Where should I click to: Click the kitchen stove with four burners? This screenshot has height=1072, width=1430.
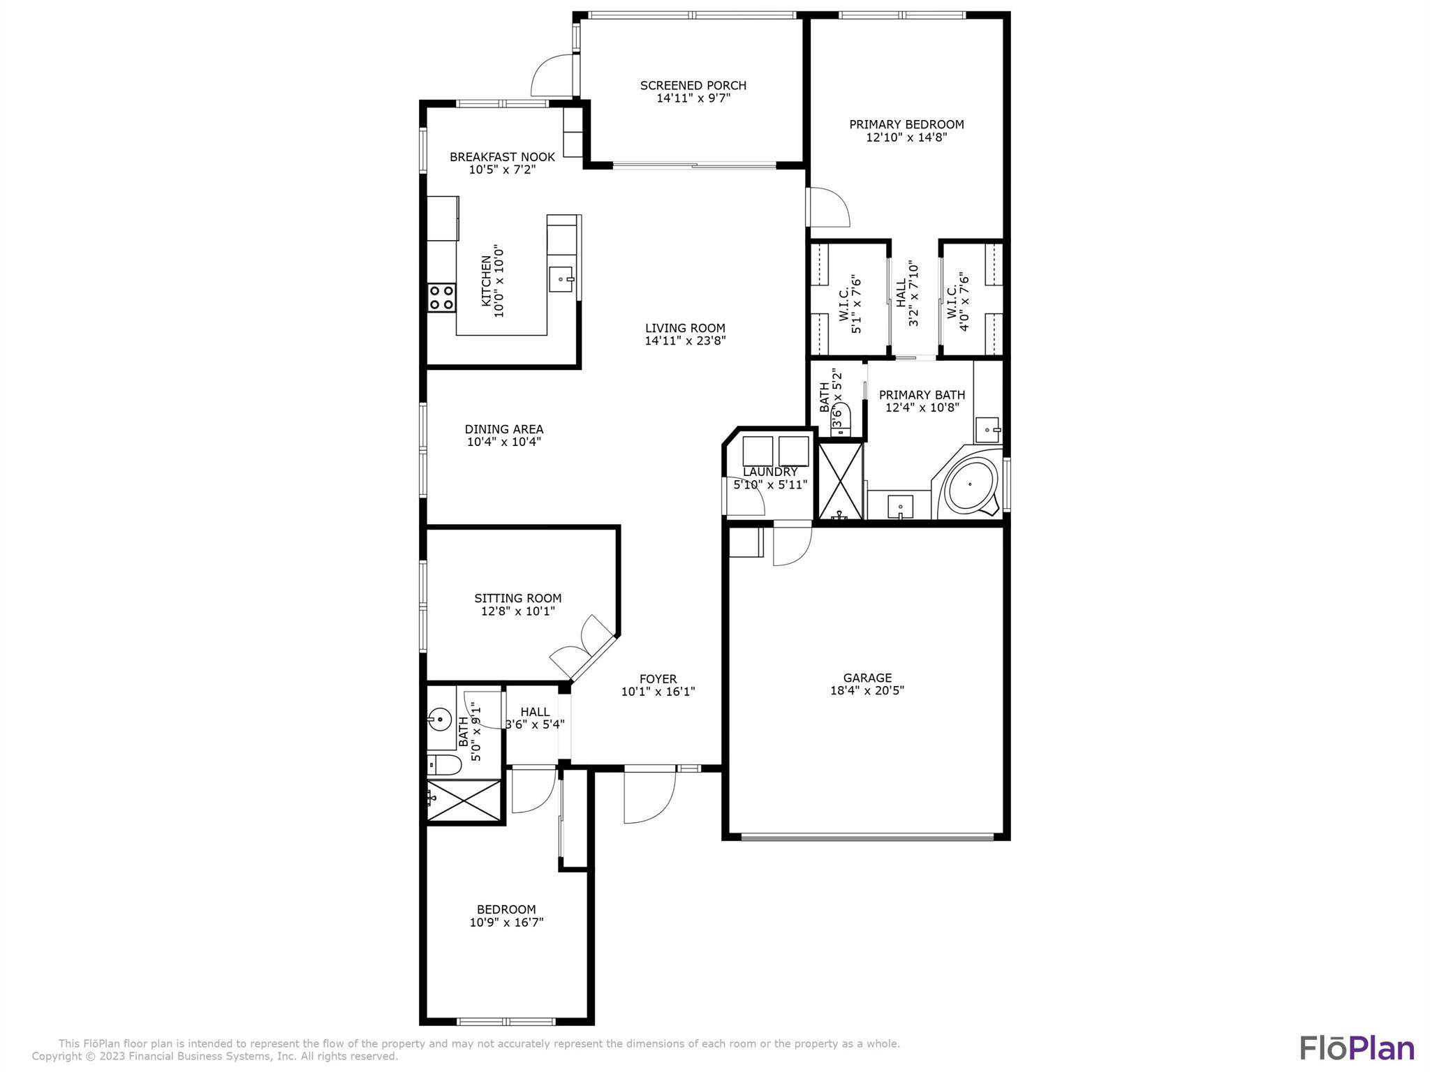441,297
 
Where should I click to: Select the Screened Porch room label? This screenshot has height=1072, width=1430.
693,86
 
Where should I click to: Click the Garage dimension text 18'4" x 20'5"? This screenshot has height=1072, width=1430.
867,691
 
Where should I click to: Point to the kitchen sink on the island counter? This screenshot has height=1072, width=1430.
561,278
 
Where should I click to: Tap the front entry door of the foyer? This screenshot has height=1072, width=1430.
649,796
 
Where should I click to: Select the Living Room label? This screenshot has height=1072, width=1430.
684,328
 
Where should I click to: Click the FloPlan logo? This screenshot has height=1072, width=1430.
1356,1048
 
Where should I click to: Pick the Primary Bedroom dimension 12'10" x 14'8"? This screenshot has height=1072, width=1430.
906,137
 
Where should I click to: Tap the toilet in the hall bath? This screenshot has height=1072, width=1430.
444,766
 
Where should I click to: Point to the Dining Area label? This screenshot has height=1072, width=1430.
503,429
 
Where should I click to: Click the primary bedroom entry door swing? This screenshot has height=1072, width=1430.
828,207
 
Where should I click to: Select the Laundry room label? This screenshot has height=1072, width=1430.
769,472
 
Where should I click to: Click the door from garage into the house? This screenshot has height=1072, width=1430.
793,544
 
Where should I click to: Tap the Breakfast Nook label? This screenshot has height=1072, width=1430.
502,157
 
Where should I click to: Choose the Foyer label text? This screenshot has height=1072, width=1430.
658,679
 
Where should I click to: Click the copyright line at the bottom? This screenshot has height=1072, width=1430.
214,1057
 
